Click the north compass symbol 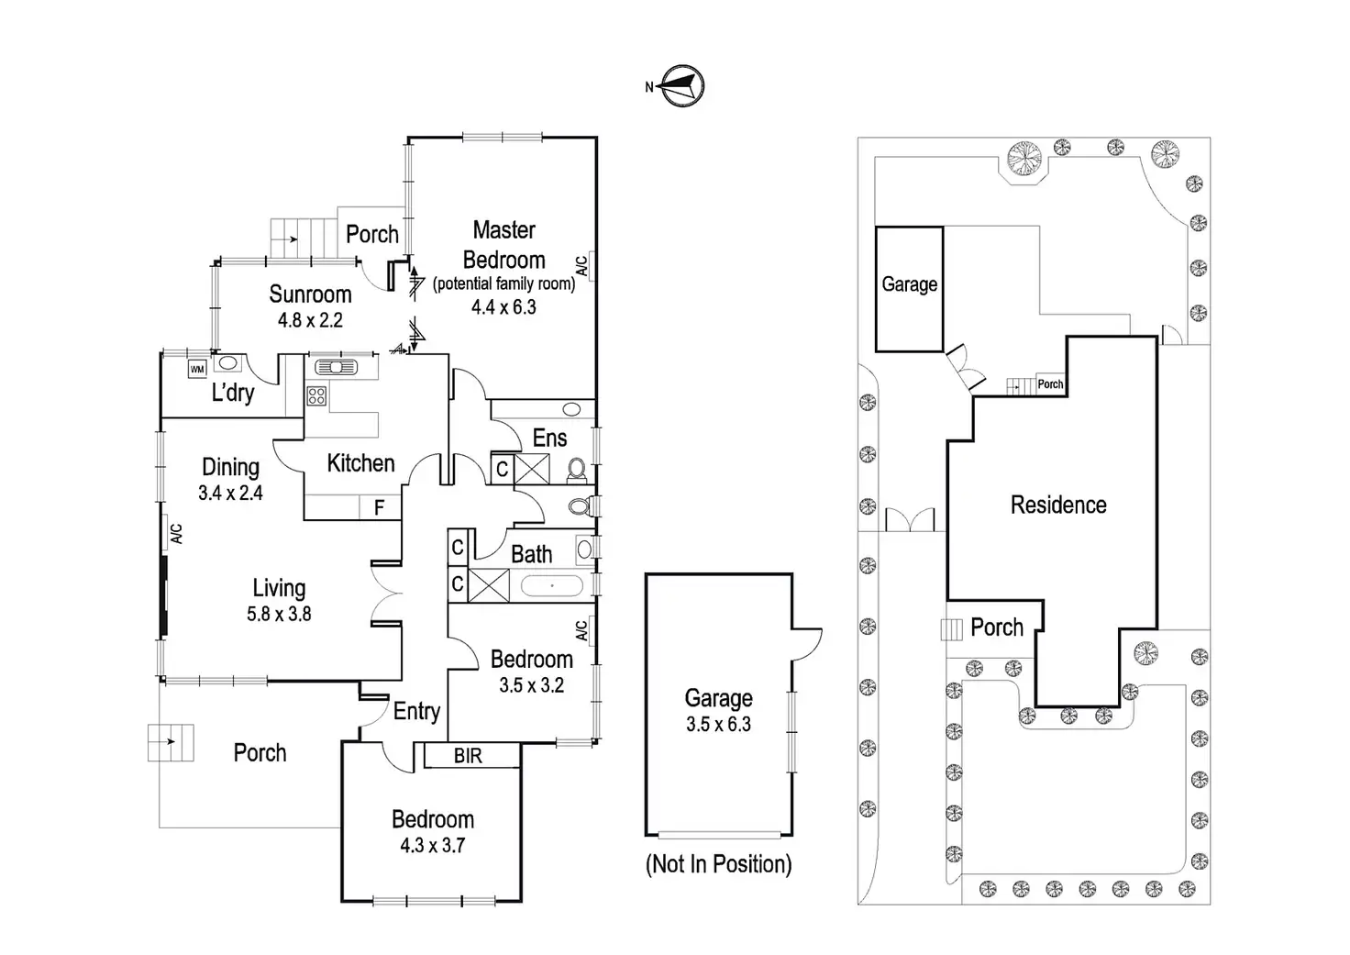coord(681,85)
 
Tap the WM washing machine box coord(197,369)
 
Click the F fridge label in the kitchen coord(379,507)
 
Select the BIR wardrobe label coord(468,755)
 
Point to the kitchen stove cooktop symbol coord(316,396)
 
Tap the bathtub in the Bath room coord(551,585)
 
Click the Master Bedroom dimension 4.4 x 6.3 coord(503,307)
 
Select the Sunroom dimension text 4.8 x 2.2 coord(310,319)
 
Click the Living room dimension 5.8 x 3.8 coord(279,614)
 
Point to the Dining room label coord(231,467)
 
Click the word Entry coord(416,711)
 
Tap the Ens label coord(549,439)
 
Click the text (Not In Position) coord(718,864)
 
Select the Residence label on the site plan coord(1058,505)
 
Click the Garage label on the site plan coord(910,284)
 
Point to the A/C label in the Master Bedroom coord(581,266)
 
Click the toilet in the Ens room coord(577,471)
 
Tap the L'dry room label coord(233,393)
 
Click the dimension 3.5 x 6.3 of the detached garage coord(718,724)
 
